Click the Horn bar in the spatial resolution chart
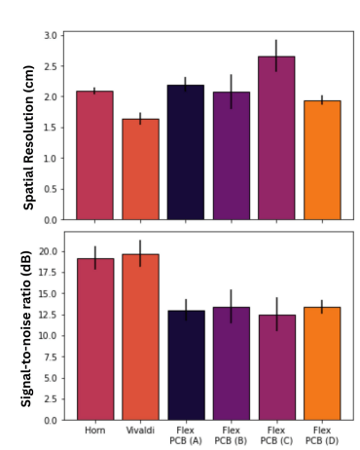point(94,156)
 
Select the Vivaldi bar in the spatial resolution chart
point(140,169)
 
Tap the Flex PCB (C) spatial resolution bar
point(276,138)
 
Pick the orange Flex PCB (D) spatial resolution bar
point(322,161)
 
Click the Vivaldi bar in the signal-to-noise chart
point(140,337)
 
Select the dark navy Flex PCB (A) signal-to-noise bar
point(186,365)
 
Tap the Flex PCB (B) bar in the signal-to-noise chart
point(232,363)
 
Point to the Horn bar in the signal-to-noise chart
point(95,340)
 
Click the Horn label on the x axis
point(95,431)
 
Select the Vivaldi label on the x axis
point(140,431)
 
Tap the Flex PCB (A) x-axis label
point(186,435)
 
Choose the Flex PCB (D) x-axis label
point(322,435)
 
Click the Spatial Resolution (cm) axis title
point(28,137)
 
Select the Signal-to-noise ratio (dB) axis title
point(26,329)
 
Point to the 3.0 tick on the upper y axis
point(51,35)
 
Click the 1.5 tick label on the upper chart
point(51,128)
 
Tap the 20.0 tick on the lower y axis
point(48,251)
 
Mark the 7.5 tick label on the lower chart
point(51,356)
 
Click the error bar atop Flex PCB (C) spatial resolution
point(276,56)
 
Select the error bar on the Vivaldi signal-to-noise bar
point(140,253)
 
